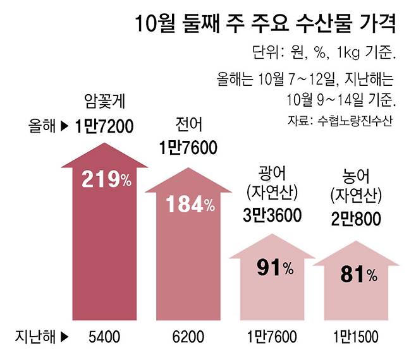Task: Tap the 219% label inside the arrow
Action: [x=106, y=180]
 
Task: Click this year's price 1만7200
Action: [x=104, y=126]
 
